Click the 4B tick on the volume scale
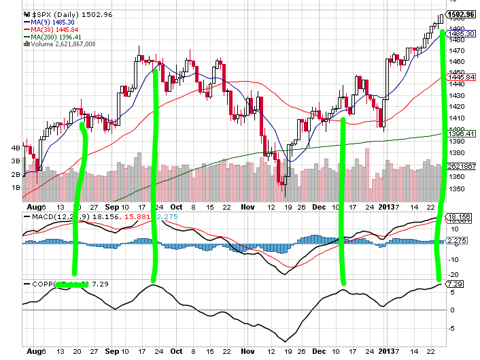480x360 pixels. pos(15,147)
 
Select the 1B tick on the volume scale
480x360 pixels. pos(15,186)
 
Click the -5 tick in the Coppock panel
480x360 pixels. pos(452,327)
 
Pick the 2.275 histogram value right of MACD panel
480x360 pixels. pos(456,240)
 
